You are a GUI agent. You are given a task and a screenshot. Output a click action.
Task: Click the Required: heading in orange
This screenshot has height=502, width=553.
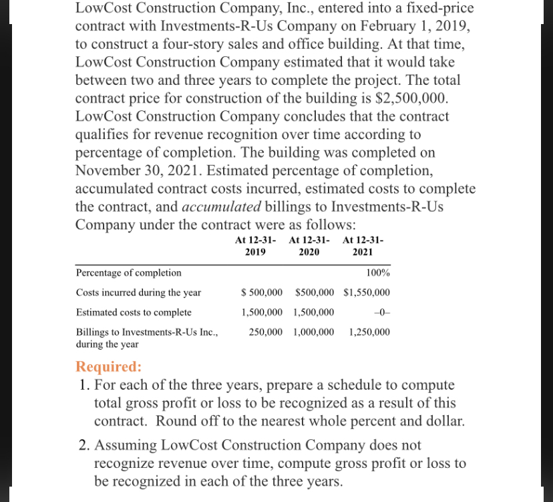pos(109,366)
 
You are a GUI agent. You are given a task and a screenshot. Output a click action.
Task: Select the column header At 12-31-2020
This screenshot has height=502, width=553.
pos(308,246)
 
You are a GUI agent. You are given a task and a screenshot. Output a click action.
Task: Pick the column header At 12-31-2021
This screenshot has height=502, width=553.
pos(362,246)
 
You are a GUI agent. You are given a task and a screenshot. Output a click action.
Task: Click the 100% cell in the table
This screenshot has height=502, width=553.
pos(379,273)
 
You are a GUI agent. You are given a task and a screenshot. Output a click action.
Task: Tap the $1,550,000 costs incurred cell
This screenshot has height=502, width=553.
pos(367,293)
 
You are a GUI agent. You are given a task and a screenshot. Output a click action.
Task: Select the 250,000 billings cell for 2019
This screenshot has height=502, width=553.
pos(264,332)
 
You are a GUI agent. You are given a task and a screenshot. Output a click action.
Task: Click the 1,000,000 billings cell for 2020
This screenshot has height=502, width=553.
pos(314,332)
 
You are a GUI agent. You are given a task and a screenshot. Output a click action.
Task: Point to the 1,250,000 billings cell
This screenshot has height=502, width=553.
pos(370,332)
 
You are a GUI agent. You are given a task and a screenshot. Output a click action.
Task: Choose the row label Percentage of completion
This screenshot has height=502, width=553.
pos(128,273)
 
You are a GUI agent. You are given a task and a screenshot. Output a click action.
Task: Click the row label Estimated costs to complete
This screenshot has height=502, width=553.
pos(134,312)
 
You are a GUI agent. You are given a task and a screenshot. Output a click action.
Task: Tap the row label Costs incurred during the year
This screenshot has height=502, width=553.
pos(138,293)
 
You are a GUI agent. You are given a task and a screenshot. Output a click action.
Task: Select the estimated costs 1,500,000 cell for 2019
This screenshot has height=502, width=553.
pos(261,312)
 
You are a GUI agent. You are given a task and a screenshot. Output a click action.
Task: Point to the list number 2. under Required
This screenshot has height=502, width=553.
pos(84,445)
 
